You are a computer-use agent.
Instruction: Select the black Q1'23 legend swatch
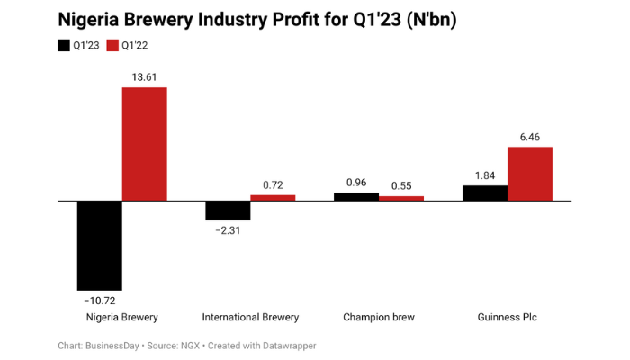pyautogui.click(x=64, y=45)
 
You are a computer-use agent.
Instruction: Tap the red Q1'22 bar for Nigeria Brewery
pyautogui.click(x=144, y=143)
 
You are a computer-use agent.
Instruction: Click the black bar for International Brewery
pyautogui.click(x=228, y=210)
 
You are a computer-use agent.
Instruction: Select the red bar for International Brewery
pyautogui.click(x=273, y=197)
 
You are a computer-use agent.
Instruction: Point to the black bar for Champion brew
pyautogui.click(x=356, y=196)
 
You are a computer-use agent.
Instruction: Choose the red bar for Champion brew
pyautogui.click(x=401, y=198)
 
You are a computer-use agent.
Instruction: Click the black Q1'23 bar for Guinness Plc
pyautogui.click(x=484, y=193)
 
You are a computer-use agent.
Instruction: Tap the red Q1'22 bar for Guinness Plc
pyautogui.click(x=529, y=173)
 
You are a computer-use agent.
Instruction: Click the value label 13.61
pyautogui.click(x=144, y=77)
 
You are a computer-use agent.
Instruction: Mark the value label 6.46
pyautogui.click(x=529, y=137)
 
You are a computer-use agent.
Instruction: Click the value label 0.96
pyautogui.click(x=356, y=183)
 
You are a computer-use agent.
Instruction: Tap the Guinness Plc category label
pyautogui.click(x=507, y=317)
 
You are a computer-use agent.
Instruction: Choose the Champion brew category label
pyautogui.click(x=379, y=317)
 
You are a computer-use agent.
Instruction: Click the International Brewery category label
pyautogui.click(x=250, y=317)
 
